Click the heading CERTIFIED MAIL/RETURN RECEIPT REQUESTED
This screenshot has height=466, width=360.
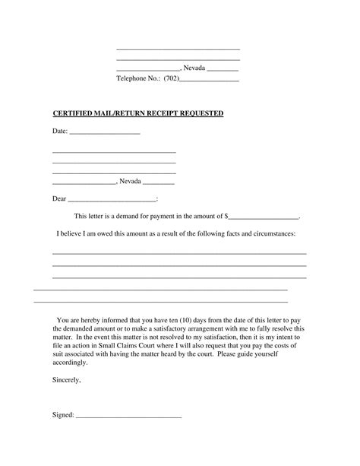click(138, 113)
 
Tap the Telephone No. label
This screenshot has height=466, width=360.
click(137, 78)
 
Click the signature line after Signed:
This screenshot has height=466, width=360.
click(128, 417)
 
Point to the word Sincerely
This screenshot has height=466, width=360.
click(66, 378)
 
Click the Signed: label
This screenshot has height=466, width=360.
click(63, 416)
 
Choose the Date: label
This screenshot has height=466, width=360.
click(60, 132)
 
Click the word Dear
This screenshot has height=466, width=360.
click(59, 199)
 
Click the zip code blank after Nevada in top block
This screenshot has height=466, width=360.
click(223, 69)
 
